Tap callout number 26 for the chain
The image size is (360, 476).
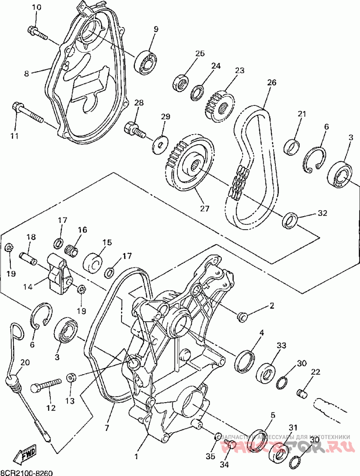click(271, 83)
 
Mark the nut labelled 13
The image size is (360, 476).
click(71, 377)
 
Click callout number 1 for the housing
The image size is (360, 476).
click(136, 457)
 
